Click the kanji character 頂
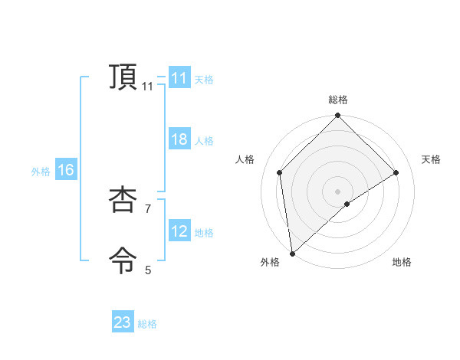tap(123, 77)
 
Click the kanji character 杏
tap(123, 200)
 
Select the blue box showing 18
tap(179, 139)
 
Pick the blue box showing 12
tap(179, 231)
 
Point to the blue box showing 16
tap(66, 170)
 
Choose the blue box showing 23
tap(123, 322)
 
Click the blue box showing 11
tap(179, 78)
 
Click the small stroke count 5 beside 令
tap(148, 270)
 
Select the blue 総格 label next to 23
tap(147, 324)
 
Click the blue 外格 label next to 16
tap(41, 172)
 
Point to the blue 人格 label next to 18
tap(204, 141)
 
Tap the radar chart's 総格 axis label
tap(337, 100)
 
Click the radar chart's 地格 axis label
tap(402, 262)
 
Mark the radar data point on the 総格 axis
tap(337, 116)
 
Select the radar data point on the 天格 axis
tap(396, 172)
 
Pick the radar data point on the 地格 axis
tap(347, 204)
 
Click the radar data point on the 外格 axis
tap(292, 254)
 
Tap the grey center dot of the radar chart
tap(337, 191)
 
